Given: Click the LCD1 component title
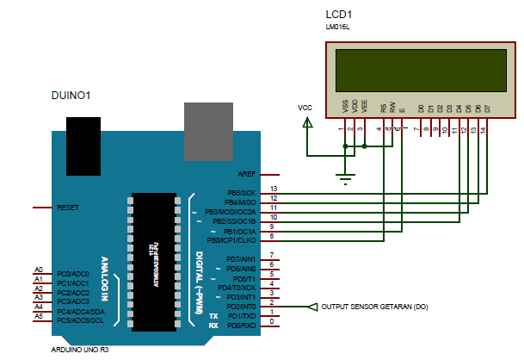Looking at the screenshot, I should (x=340, y=15).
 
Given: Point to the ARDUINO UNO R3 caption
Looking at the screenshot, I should (x=81, y=351).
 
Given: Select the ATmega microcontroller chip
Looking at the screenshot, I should (x=155, y=261).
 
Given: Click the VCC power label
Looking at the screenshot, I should (x=305, y=108).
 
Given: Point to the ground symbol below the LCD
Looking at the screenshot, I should (x=345, y=178).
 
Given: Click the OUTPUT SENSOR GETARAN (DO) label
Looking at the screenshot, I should (x=373, y=306).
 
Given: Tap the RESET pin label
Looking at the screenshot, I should (x=68, y=208).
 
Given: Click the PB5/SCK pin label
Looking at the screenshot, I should (x=241, y=193).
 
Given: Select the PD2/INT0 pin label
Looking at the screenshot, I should (x=241, y=307).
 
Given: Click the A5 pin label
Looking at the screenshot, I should (x=38, y=316).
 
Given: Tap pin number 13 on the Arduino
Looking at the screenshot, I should (x=274, y=188).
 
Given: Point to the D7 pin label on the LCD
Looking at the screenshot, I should (x=487, y=109).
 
